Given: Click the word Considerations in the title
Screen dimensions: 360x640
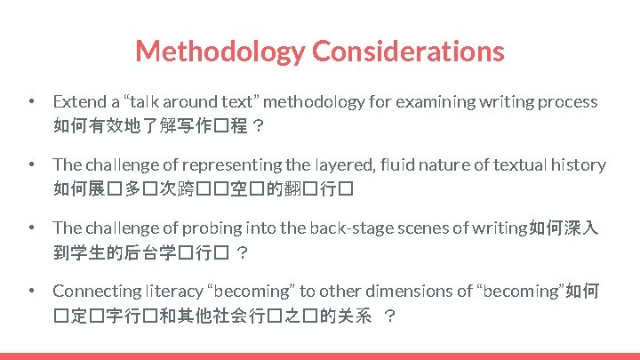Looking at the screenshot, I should (x=408, y=51).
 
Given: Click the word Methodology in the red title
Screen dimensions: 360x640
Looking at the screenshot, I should (x=219, y=51).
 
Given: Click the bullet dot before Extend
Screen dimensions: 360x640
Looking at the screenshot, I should (x=31, y=102).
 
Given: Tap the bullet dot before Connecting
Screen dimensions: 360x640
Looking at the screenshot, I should (x=31, y=291).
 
